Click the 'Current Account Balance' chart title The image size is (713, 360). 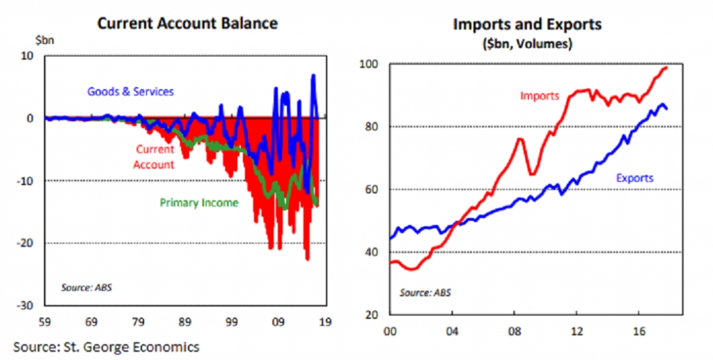[x=187, y=23]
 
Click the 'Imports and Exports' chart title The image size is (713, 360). [x=527, y=24]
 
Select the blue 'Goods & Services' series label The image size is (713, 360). [x=130, y=91]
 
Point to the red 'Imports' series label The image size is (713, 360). [x=540, y=96]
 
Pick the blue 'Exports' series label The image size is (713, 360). [x=634, y=178]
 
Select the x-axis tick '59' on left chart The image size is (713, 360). [x=45, y=323]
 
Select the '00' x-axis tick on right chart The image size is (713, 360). [x=390, y=331]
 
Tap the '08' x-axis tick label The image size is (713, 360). [x=515, y=331]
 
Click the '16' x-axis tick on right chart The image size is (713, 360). [x=639, y=331]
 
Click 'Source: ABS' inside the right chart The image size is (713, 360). [x=425, y=292]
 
